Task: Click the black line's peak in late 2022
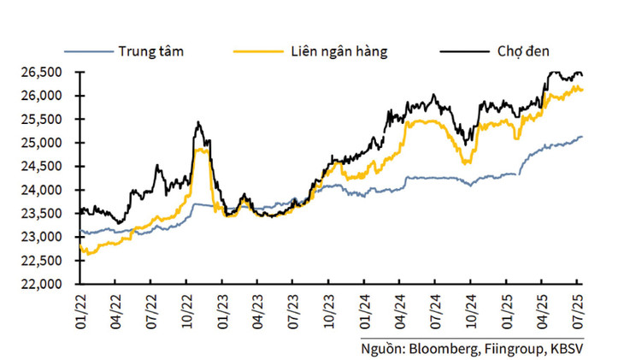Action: click(x=197, y=122)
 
